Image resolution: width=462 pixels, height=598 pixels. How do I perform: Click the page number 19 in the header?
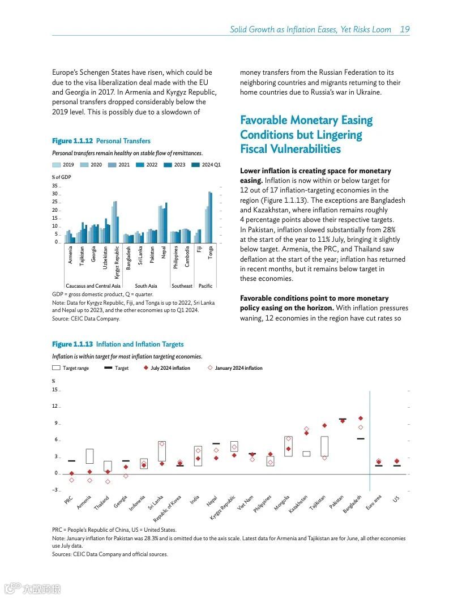coord(405,29)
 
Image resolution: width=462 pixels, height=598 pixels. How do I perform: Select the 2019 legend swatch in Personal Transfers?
coord(57,165)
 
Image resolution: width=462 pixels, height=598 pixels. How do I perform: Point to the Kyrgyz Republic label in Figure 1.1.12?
coord(117,262)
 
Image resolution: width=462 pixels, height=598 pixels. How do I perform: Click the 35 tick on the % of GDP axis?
coord(54,186)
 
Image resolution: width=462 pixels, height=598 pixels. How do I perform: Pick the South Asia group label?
coord(146,286)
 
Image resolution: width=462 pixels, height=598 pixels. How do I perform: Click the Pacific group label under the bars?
coord(206,286)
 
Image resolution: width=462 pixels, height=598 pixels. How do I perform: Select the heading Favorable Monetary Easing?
coord(306,120)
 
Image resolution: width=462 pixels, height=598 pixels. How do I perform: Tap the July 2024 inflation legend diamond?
coord(146,368)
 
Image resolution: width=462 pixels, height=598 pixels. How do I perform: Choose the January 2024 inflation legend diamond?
coord(210,368)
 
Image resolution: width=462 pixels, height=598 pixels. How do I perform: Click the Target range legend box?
coord(56,368)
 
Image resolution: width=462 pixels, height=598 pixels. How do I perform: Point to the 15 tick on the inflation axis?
coord(55,390)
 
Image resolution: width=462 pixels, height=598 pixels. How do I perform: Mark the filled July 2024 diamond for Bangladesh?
coord(361,418)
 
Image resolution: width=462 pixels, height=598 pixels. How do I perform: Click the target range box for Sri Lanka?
coord(162,451)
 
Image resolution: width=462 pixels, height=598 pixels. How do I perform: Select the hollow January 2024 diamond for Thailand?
coord(108,481)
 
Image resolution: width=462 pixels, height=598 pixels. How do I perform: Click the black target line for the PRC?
coord(71,461)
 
